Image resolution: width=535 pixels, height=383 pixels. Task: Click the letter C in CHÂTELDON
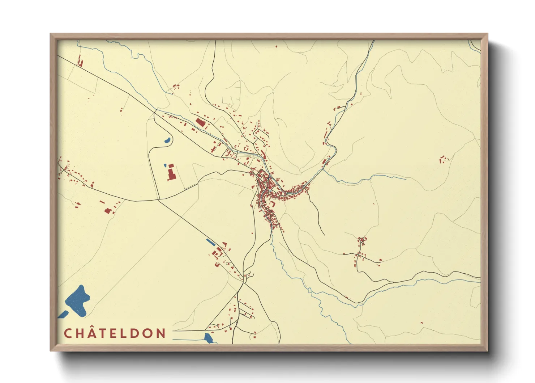tap(68, 333)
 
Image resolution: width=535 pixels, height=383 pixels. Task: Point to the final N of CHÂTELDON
tap(160, 333)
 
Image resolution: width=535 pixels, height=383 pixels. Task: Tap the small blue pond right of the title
tap(209, 338)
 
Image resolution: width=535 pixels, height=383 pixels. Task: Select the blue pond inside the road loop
tap(167, 140)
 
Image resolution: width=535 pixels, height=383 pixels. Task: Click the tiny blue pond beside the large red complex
tap(165, 165)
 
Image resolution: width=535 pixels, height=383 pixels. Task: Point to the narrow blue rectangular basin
tap(210, 242)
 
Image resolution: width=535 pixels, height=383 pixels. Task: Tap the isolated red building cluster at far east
tap(443, 159)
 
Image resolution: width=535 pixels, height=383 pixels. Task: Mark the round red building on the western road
tap(92, 185)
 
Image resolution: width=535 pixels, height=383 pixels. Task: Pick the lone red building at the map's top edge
tap(277, 46)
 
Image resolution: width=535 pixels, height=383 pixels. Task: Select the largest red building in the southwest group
tap(107, 210)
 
